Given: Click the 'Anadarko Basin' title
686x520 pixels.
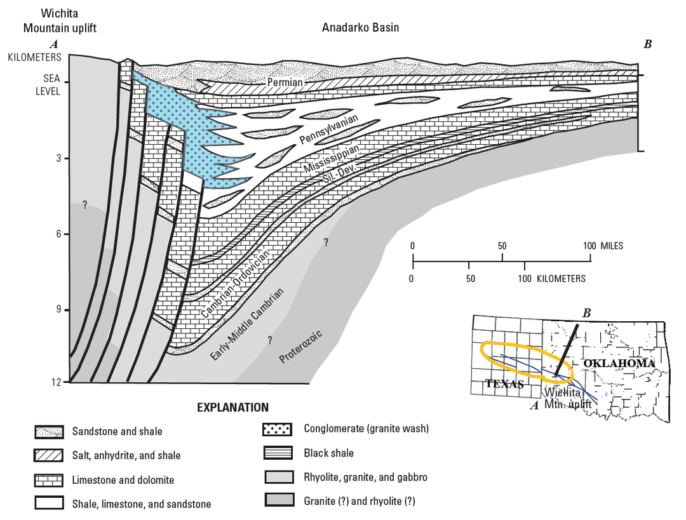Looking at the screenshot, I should tap(360, 28).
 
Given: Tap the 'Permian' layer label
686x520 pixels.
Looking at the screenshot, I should tap(285, 83).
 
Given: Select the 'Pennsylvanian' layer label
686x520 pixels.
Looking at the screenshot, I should tap(328, 130).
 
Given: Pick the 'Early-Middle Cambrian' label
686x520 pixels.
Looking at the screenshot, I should tap(247, 324).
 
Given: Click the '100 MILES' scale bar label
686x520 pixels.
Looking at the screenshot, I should tap(603, 246).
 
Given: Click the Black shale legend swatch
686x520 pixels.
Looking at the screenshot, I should tap(277, 453).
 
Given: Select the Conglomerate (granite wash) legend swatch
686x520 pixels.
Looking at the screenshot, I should tap(277, 429).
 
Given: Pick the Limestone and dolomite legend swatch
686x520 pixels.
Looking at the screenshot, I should tap(50, 480).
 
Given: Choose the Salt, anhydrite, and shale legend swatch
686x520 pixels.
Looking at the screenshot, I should tap(50, 456).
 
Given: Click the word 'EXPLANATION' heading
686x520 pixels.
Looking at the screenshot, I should tap(232, 408).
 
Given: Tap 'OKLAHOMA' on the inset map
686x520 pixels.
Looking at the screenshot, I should tap(619, 363).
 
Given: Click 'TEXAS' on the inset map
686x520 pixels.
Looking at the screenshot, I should tap(504, 383).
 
